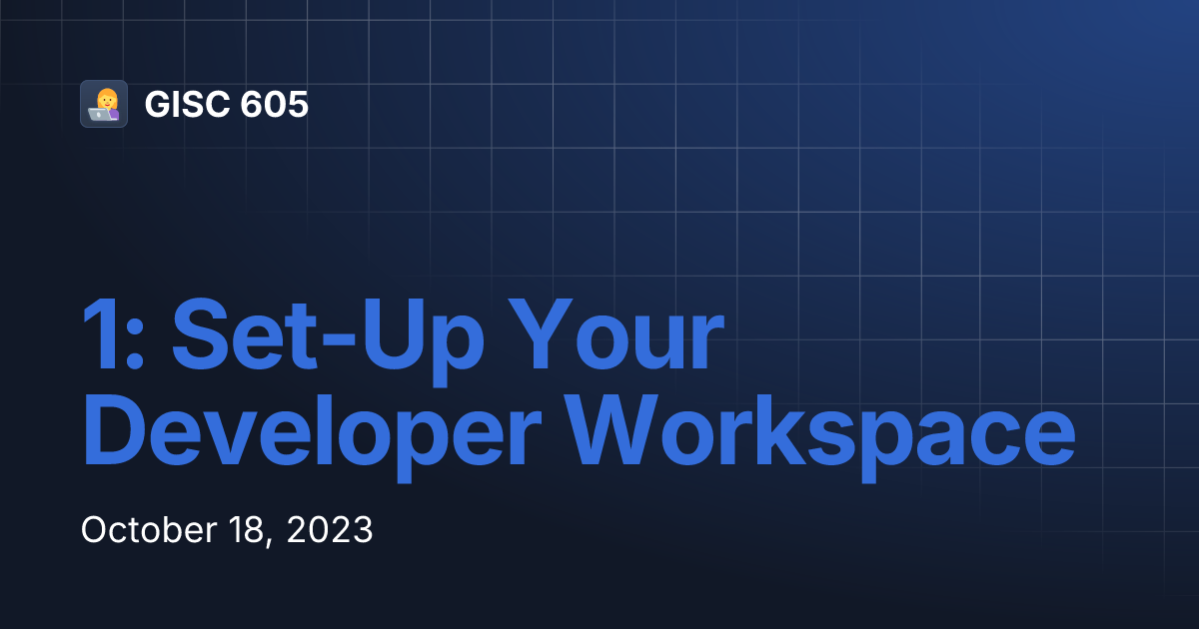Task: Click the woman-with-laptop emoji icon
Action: [x=104, y=104]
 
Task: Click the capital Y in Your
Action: [x=539, y=334]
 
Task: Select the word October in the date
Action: [x=140, y=530]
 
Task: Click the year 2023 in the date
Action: [x=330, y=530]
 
